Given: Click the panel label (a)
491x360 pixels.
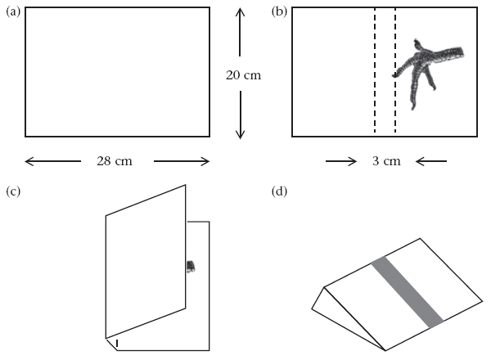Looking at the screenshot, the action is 13,12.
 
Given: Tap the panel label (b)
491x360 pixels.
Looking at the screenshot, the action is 279,12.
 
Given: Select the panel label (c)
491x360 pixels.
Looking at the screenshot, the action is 13,191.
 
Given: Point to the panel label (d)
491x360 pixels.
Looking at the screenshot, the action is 279,191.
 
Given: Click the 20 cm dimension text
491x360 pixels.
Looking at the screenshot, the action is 243,75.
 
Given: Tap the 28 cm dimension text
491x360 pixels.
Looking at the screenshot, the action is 115,161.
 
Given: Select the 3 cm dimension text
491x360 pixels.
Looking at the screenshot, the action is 386,161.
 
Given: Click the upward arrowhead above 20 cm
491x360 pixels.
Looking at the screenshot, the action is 240,12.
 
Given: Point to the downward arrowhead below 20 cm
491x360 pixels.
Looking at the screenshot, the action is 240,133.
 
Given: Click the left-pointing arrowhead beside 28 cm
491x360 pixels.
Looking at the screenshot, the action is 29,161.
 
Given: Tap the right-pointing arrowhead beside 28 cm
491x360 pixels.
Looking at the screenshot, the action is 205,161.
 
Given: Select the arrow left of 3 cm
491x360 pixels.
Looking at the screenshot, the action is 341,161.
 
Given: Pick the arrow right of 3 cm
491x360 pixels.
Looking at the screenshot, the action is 431,161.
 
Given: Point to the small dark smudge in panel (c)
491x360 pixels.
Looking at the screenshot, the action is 191,267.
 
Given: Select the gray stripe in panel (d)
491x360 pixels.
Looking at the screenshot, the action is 407,292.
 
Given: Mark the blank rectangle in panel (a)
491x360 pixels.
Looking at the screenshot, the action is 117,72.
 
